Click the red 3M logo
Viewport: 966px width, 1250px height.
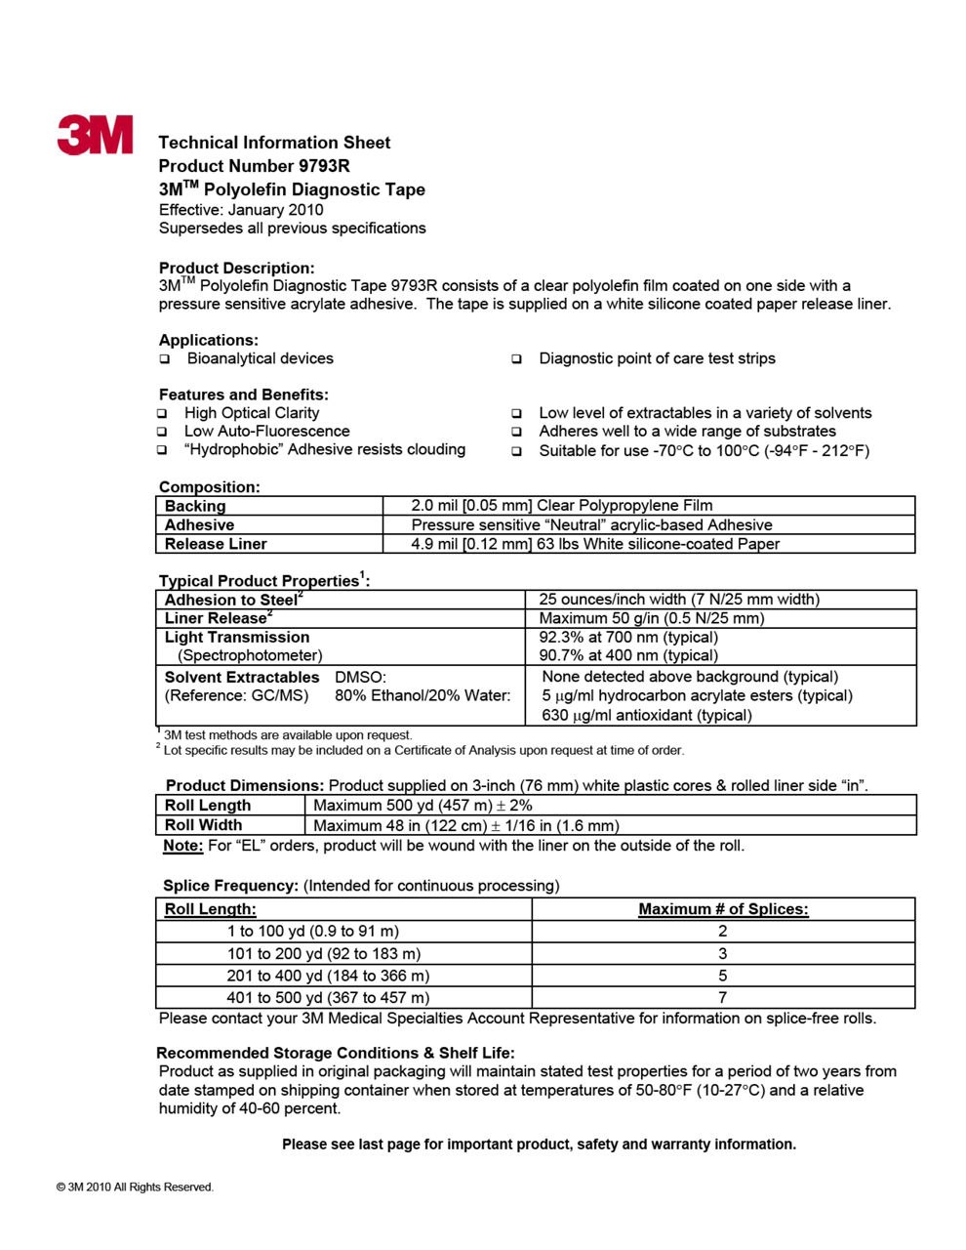(95, 135)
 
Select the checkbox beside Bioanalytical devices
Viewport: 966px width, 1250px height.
(165, 359)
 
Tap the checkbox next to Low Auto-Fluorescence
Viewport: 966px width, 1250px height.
(163, 432)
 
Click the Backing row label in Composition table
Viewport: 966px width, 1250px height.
(195, 506)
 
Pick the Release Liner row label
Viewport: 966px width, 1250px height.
(216, 544)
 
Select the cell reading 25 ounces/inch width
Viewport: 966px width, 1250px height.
(679, 600)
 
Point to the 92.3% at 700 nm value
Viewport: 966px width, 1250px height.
(628, 637)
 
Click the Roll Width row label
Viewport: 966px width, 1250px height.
(203, 825)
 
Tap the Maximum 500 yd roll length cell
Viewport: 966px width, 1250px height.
(423, 806)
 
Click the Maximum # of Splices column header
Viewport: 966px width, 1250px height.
(723, 909)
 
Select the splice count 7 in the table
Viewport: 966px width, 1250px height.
(723, 998)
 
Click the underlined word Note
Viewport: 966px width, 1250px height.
(182, 846)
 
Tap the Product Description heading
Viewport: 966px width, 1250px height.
(237, 268)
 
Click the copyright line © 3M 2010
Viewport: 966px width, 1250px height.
(136, 1187)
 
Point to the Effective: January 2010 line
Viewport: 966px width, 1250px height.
(241, 210)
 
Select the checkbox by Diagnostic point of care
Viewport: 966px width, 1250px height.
(517, 359)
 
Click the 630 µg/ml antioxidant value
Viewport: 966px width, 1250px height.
(647, 715)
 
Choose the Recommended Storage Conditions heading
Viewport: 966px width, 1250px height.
(336, 1053)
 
